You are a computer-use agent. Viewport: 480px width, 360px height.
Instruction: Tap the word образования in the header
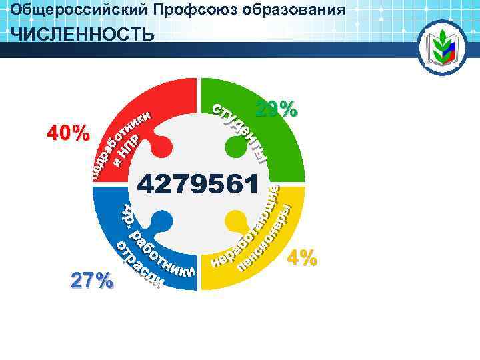coord(293,10)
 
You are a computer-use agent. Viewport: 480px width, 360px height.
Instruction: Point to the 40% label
coord(68,133)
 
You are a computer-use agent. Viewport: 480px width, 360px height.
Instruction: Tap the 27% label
coord(92,281)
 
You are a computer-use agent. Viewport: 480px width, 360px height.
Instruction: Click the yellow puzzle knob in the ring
coord(235,219)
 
